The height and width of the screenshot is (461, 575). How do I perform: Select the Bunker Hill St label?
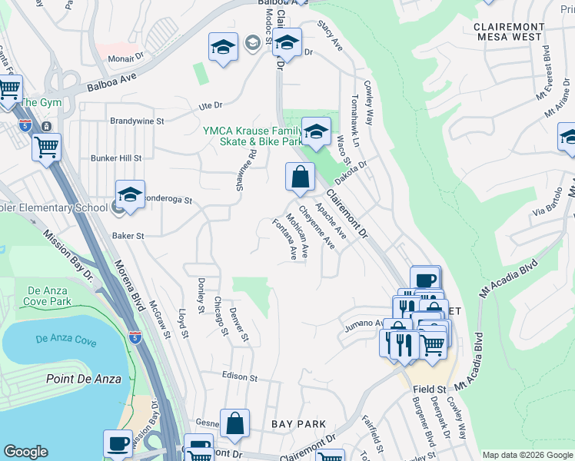pyautogui.click(x=116, y=158)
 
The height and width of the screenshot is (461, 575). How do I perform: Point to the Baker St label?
pyautogui.click(x=128, y=236)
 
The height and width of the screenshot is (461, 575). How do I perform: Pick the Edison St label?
pyautogui.click(x=238, y=376)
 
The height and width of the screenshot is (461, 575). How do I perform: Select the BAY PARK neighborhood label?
pyautogui.click(x=299, y=424)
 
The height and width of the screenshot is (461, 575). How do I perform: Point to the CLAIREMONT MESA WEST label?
pyautogui.click(x=509, y=32)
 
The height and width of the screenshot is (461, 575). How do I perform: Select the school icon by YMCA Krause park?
pyautogui.click(x=315, y=131)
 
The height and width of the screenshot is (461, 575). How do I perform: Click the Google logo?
pyautogui.click(x=26, y=452)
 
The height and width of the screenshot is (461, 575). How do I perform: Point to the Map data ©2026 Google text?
pyautogui.click(x=527, y=455)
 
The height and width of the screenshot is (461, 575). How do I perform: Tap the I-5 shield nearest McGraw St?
pyautogui.click(x=135, y=337)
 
